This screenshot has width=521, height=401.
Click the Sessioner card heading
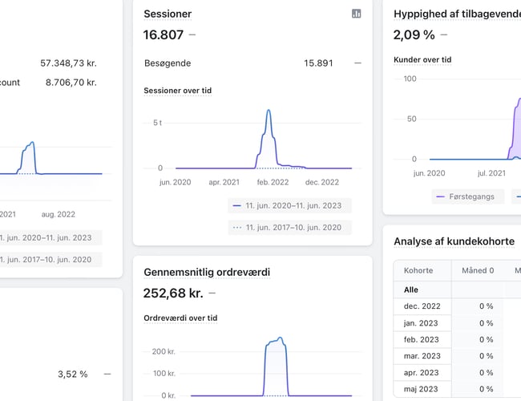[167, 14]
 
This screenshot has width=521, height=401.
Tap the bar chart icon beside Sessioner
[357, 14]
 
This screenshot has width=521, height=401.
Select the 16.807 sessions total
[164, 34]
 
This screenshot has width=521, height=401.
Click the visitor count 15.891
[318, 63]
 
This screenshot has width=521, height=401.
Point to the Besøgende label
[167, 63]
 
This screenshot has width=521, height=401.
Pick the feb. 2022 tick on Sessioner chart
[272, 183]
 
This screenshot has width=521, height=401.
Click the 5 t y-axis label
[157, 123]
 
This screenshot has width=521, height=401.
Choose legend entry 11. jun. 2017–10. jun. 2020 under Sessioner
[293, 227]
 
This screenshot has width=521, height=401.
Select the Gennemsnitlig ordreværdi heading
[206, 272]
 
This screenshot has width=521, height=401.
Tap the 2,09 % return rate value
[414, 34]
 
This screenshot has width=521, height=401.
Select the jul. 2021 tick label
[491, 172]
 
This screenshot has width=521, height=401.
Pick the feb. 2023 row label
[422, 339]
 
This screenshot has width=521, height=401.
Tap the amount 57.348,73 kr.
[68, 63]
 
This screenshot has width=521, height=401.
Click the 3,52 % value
[72, 374]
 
